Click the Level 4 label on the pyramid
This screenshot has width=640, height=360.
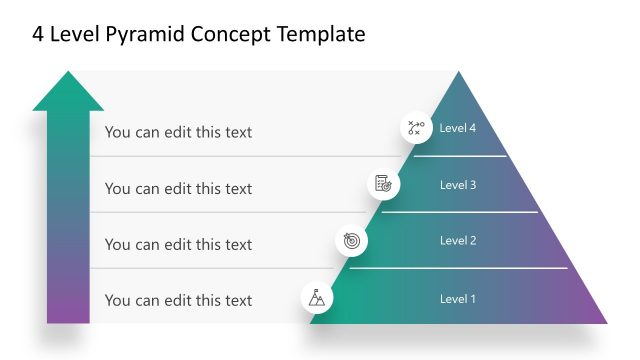458,128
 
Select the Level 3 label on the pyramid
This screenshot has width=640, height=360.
458,185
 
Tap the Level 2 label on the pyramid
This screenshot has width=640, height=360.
458,241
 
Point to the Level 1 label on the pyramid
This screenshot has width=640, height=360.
458,299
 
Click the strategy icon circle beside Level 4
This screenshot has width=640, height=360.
414,128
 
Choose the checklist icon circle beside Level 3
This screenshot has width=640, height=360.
383,183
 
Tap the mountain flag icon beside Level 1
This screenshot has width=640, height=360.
317,297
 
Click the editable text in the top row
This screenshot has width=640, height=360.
178,132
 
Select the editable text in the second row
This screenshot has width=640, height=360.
178,188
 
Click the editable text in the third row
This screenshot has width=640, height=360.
178,244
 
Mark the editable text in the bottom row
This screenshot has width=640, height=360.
178,300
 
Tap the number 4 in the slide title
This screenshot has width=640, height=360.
39,35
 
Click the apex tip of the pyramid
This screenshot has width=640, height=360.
459,74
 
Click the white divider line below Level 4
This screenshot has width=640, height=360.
460,156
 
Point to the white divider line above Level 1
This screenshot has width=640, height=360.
459,268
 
